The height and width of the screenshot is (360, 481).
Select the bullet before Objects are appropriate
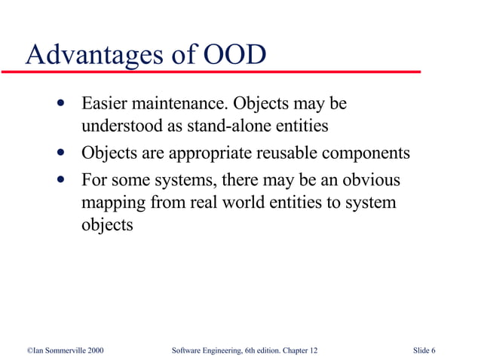click(60, 154)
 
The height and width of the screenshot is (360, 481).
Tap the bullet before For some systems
click(60, 182)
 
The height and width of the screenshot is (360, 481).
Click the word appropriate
click(208, 154)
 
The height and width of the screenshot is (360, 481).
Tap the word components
click(368, 154)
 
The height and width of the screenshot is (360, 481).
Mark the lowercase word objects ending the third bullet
click(106, 225)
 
